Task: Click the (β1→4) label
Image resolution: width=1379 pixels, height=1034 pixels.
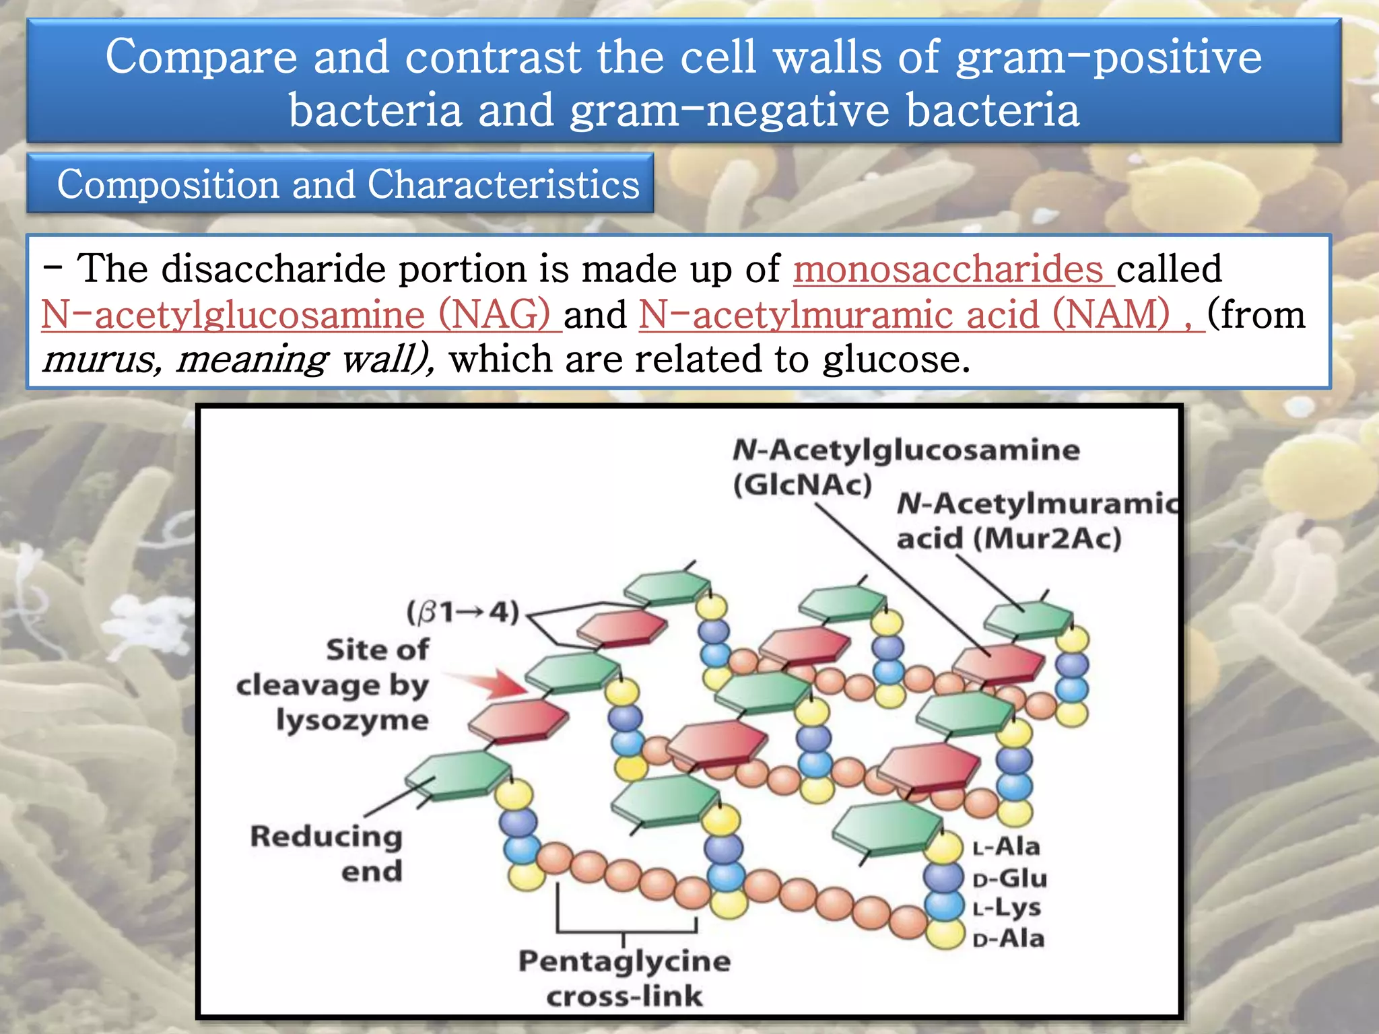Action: pyautogui.click(x=463, y=612)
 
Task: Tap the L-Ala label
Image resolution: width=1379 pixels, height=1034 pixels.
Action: pyautogui.click(x=1007, y=846)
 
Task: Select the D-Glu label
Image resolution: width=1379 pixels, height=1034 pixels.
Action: pyautogui.click(x=1010, y=878)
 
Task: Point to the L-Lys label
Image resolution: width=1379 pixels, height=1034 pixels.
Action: pyautogui.click(x=1007, y=908)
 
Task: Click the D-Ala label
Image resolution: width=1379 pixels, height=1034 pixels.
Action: pyautogui.click(x=1009, y=938)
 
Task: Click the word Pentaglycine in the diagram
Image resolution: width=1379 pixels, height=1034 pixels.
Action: pyautogui.click(x=624, y=961)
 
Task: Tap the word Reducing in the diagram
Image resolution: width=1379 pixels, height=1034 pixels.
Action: pyautogui.click(x=327, y=836)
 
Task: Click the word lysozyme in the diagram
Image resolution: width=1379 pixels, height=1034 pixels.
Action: pyautogui.click(x=352, y=720)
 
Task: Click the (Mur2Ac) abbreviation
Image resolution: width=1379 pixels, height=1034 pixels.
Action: pyautogui.click(x=1048, y=539)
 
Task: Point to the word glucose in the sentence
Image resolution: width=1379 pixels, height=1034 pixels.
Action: pyautogui.click(x=896, y=359)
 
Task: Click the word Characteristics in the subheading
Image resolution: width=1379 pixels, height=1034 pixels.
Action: pyautogui.click(x=503, y=184)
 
